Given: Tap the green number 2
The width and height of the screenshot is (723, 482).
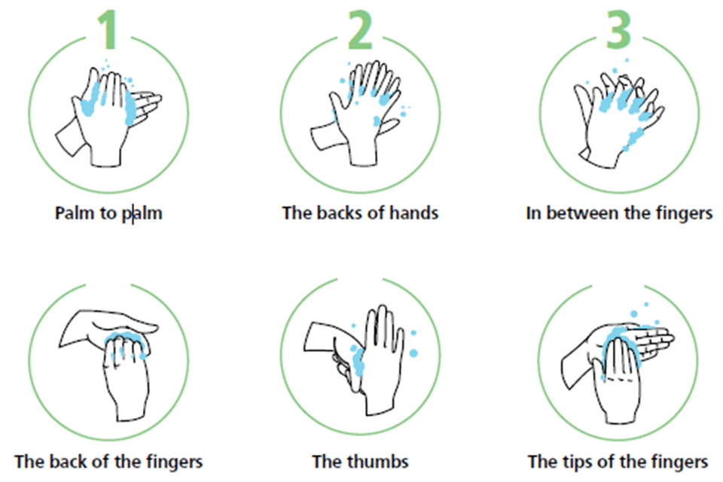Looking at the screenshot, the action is coord(360,29).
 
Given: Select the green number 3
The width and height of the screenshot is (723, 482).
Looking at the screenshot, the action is coord(618,29).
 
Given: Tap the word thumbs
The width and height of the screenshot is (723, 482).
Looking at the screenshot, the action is coord(378,462).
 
